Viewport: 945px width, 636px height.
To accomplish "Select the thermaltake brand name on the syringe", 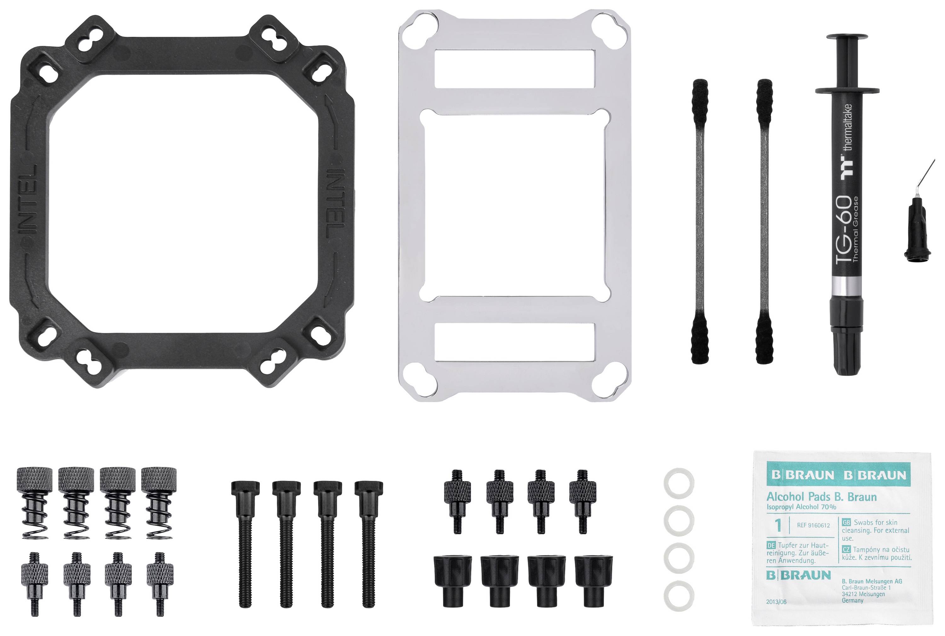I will pos(848,127).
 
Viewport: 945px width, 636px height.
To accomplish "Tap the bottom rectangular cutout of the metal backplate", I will pos(514,341).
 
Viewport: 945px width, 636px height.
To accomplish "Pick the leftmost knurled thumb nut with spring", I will pos(35,503).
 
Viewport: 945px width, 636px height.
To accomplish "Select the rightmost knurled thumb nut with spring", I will pos(159,503).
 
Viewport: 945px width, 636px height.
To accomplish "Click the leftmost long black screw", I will pos(245,543).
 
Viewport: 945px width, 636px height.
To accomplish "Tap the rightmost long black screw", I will pos(369,543).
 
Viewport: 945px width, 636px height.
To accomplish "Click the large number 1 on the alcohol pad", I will pos(778,526).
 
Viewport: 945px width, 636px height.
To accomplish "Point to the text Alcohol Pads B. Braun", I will pos(821,497).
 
